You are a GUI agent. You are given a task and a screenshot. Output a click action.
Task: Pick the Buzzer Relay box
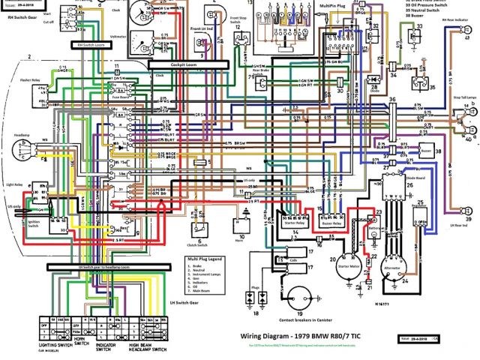pyautogui.click(x=331, y=222)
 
